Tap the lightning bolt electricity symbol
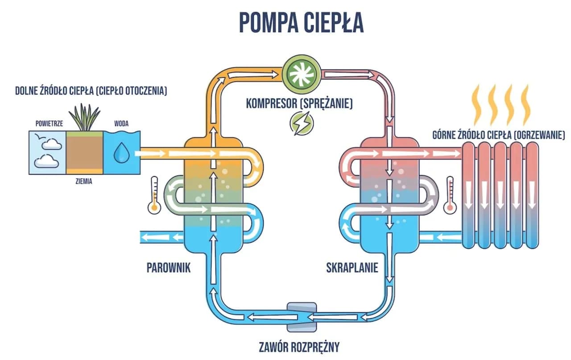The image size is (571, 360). pyautogui.click(x=299, y=123)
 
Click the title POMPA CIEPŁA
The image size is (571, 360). pyautogui.click(x=301, y=22)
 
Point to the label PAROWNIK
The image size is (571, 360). pyautogui.click(x=169, y=268)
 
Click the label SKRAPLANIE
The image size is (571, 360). pyautogui.click(x=352, y=268)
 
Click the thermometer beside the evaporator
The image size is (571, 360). pyautogui.click(x=155, y=194)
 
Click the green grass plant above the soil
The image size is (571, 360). pyautogui.click(x=85, y=117)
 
